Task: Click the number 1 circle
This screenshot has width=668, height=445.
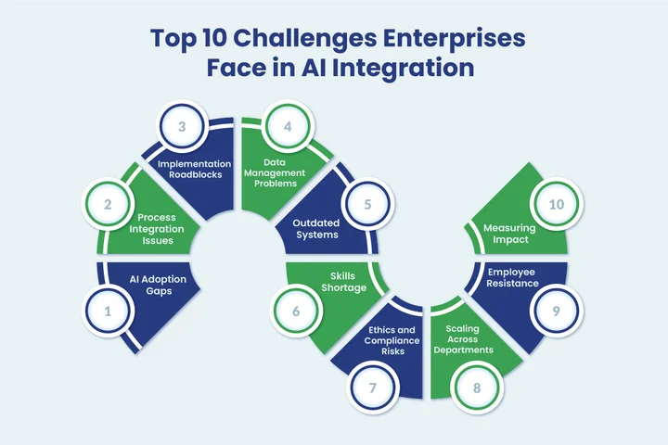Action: click(108, 311)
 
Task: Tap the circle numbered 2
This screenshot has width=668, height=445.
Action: click(109, 209)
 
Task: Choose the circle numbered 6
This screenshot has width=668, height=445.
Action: click(295, 311)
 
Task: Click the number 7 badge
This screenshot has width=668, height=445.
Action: click(369, 387)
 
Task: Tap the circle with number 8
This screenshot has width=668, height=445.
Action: click(476, 387)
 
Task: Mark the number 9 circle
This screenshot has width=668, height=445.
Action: click(555, 311)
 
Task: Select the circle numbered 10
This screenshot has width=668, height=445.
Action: click(556, 209)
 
